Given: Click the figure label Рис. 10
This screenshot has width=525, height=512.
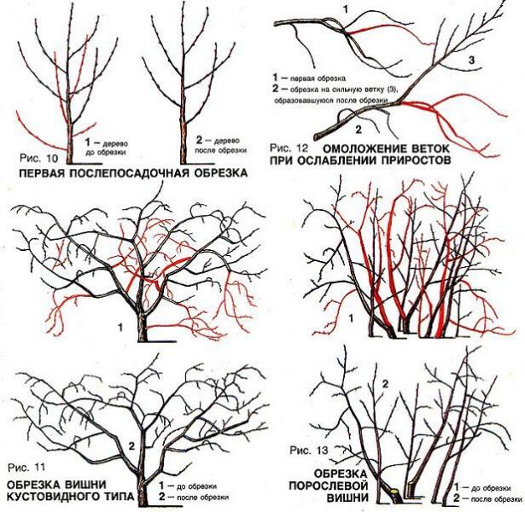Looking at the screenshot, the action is point(38,158).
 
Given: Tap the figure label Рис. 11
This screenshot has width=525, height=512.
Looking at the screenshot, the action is point(27,468).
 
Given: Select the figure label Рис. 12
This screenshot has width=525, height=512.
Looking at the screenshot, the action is point(289,148).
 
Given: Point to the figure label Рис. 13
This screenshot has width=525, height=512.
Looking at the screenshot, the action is point(309,451).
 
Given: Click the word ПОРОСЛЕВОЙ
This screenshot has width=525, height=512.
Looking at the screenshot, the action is point(329,486).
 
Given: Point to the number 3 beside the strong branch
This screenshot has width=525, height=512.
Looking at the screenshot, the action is point(471,61).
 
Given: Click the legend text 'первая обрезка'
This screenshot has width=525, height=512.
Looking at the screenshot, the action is point(318,78).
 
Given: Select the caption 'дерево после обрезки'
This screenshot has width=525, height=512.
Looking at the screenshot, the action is point(221,146).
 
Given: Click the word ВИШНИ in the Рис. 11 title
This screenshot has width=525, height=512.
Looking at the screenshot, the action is point(85,484).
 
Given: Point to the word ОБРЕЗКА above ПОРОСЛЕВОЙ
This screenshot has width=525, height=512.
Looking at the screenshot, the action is point(341,474).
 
